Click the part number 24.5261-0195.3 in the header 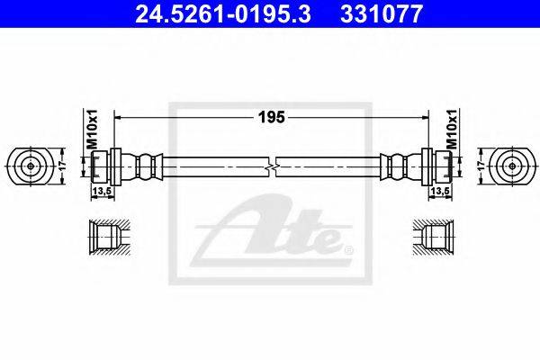(x=223, y=14)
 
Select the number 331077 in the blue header (x=382, y=14)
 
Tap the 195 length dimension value (x=272, y=118)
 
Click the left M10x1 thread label (x=93, y=130)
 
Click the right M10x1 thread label (x=452, y=130)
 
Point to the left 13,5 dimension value (x=103, y=191)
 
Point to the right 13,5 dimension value (x=440, y=191)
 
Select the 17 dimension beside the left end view (x=62, y=166)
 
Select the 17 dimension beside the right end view (x=482, y=166)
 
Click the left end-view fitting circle (x=31, y=166)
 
